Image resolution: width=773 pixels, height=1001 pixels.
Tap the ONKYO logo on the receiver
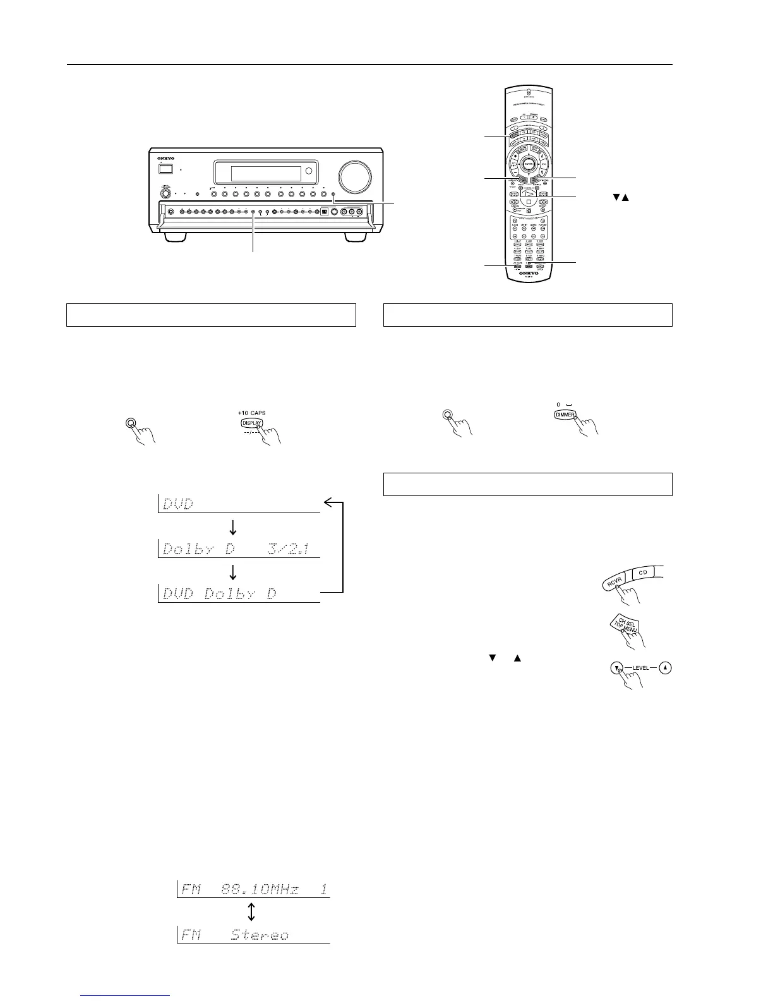166,159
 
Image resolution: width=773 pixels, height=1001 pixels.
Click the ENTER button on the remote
528,164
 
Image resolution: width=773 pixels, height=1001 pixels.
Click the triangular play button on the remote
528,194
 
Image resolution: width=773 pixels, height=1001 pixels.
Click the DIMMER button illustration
565,415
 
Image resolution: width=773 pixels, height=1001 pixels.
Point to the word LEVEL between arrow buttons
640,668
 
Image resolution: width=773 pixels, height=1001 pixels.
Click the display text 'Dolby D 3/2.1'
236,549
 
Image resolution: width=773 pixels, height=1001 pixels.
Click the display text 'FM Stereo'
235,935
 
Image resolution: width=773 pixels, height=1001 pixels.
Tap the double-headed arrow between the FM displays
251,912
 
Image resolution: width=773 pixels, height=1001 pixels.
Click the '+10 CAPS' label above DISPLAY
251,413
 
